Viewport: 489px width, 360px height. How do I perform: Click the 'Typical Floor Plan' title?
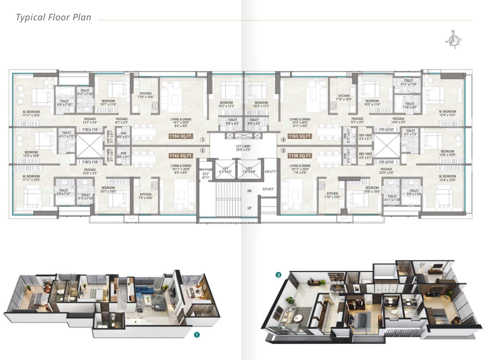[54, 18]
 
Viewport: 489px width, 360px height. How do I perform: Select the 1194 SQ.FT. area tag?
[181, 136]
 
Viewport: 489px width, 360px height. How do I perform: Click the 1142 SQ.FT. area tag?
[181, 156]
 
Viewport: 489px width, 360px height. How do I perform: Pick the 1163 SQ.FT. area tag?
[300, 136]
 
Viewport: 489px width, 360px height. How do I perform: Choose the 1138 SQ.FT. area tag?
[300, 156]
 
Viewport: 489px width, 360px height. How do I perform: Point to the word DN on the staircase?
[249, 191]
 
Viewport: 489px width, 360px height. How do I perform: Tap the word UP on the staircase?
[249, 208]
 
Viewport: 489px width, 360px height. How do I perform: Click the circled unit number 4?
[283, 140]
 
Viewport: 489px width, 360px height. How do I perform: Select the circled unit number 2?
[202, 151]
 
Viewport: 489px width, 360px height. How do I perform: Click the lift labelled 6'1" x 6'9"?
[225, 170]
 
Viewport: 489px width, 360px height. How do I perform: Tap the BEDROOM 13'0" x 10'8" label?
[447, 154]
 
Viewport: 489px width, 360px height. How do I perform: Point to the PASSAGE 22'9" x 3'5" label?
[90, 171]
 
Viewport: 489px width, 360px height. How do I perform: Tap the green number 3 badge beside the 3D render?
[279, 274]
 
